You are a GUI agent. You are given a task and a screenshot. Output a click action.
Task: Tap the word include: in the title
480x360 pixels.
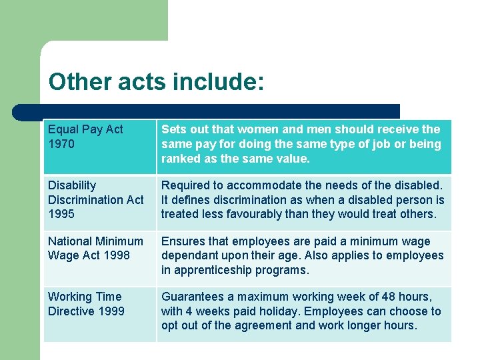[218, 82]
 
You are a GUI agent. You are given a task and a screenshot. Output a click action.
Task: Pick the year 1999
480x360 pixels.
[111, 311]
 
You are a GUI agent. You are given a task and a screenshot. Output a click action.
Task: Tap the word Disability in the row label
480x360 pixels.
[72, 185]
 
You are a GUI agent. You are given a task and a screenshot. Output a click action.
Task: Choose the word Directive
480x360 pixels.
[72, 311]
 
